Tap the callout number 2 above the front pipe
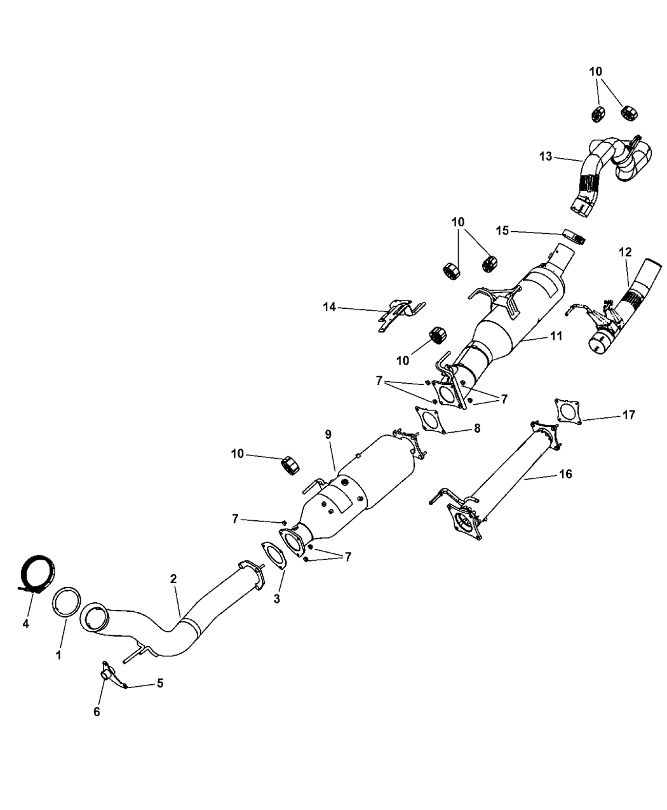point(173,579)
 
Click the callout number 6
point(97,712)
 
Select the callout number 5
point(160,684)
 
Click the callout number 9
point(328,435)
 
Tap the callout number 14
point(329,308)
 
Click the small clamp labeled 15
point(574,238)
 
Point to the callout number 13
point(544,156)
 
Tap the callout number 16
point(565,473)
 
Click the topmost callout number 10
point(596,71)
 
